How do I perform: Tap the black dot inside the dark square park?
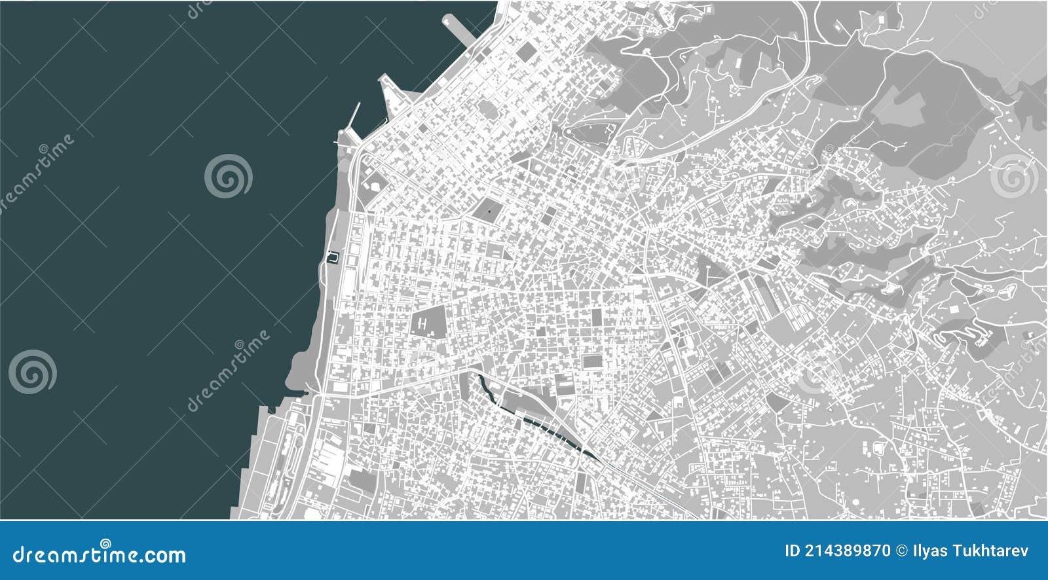pyautogui.click(x=489, y=211)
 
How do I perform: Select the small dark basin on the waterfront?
pyautogui.click(x=333, y=257)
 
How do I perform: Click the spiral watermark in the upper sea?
pyautogui.click(x=228, y=175)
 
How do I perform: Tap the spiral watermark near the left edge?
pyautogui.click(x=33, y=372)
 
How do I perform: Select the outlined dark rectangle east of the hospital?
pyautogui.click(x=591, y=362)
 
